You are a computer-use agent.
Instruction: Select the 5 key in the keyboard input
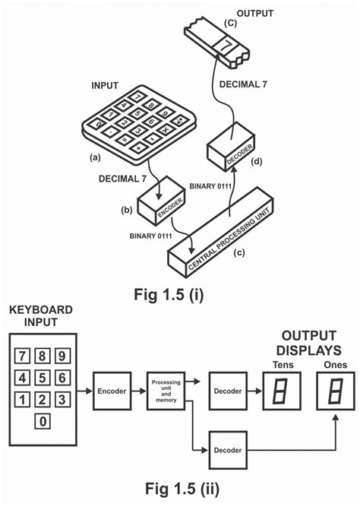point(43,376)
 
